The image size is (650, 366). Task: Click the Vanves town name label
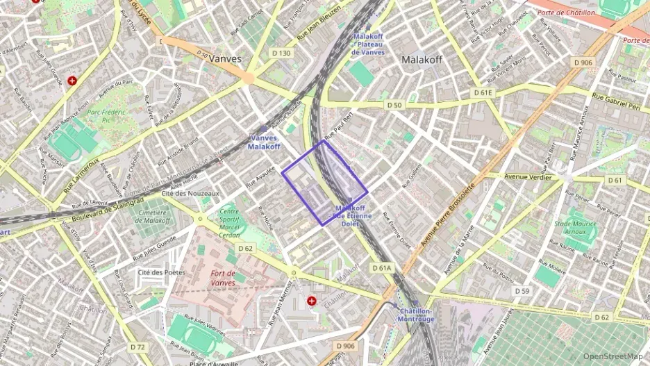[x=225, y=59]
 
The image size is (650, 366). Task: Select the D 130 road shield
[x=282, y=53]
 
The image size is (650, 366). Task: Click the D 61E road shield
[x=483, y=92]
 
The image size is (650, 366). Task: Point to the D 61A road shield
[x=382, y=267]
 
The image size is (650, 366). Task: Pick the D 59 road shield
[x=522, y=291]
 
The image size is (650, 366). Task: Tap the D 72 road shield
[x=138, y=347]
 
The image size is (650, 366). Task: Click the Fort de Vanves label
[x=233, y=278]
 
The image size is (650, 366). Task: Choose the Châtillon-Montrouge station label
[x=416, y=315]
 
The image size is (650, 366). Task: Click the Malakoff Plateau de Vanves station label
[x=368, y=44]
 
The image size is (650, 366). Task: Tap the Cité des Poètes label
[x=162, y=272]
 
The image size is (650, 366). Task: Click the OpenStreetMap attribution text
[x=612, y=356]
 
